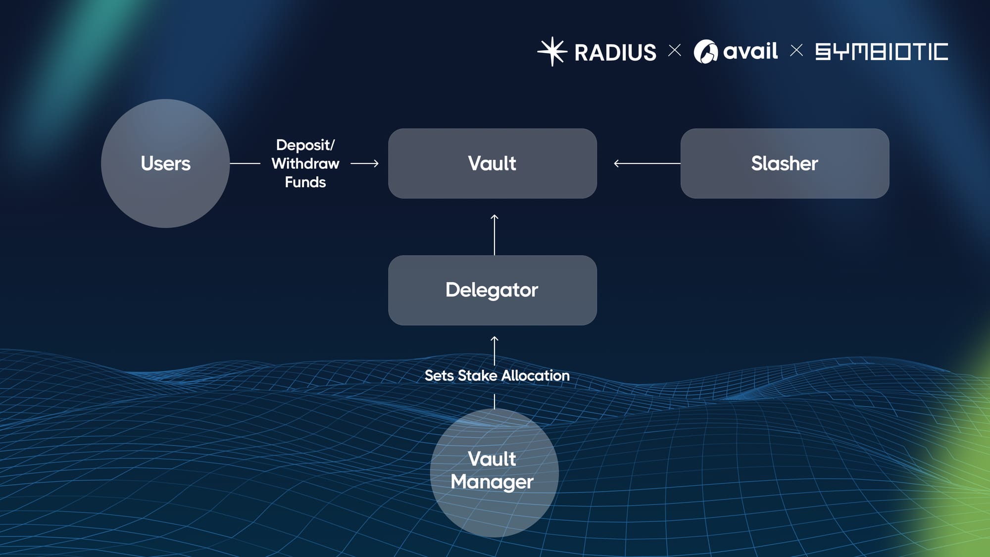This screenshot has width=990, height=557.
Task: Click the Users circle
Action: [165, 163]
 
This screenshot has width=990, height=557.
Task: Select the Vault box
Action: [492, 163]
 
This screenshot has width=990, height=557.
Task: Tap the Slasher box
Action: [785, 163]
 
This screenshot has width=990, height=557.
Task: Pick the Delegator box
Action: [492, 290]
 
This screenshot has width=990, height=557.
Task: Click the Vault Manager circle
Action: [494, 472]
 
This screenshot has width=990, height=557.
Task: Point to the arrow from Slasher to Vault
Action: [646, 163]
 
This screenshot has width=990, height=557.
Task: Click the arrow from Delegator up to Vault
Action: [495, 235]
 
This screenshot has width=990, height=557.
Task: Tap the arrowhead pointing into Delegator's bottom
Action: [495, 340]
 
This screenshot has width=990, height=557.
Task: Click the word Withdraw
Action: [305, 163]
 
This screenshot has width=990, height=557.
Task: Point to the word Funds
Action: [305, 182]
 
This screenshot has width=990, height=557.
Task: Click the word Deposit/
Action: [305, 145]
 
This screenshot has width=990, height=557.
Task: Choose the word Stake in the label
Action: [478, 376]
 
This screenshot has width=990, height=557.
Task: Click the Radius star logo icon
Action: [552, 51]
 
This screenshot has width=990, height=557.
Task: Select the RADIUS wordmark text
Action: [615, 52]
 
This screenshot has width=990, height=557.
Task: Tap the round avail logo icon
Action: [705, 51]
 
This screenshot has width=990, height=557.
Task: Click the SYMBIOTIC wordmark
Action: [882, 51]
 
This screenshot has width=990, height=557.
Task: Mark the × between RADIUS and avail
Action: [674, 51]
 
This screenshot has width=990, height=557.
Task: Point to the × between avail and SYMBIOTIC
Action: [796, 51]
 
